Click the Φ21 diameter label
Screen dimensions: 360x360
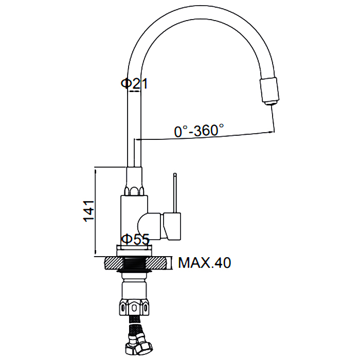(134, 84)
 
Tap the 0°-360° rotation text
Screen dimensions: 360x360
(199, 131)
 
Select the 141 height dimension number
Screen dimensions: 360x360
(88, 211)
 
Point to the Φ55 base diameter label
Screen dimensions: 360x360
(135, 239)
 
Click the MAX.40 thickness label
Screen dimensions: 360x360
(204, 263)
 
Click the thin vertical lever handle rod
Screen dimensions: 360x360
(175, 193)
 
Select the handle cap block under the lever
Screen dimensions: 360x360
(172, 226)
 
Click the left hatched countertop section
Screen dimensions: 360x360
(114, 263)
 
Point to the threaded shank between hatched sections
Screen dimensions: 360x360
(135, 263)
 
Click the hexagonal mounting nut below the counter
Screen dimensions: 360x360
(134, 307)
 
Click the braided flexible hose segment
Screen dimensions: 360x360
(134, 323)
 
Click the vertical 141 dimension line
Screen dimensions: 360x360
(95, 212)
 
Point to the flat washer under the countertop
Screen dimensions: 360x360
(135, 272)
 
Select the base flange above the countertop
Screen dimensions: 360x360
(134, 250)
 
